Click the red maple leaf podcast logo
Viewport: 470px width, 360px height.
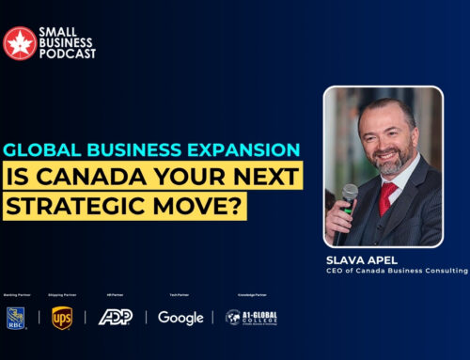pos(20,42)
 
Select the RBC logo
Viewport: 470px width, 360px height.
pos(16,317)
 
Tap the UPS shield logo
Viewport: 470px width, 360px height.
pos(62,317)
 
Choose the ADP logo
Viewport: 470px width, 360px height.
pos(115,317)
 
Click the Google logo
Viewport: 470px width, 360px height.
pos(180,318)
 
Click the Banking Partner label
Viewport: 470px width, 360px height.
pos(18,294)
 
